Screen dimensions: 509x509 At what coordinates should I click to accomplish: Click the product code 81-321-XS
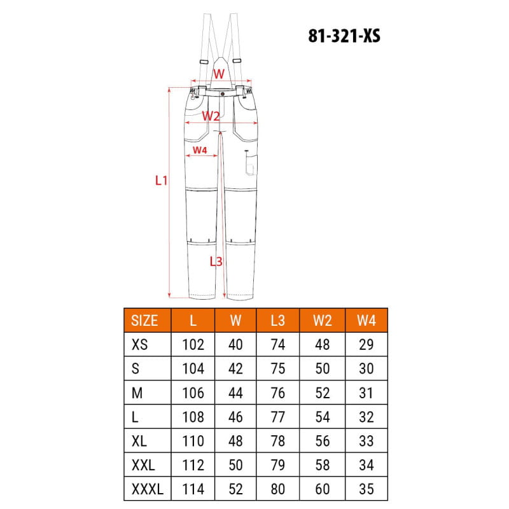[344, 36]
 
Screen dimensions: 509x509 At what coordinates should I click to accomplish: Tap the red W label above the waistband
[219, 74]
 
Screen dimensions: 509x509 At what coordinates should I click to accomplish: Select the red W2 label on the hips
[211, 116]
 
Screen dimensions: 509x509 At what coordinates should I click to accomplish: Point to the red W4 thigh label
[200, 150]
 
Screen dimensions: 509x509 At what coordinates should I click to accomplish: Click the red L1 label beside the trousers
[161, 181]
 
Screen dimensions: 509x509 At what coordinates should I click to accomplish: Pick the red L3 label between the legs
[216, 261]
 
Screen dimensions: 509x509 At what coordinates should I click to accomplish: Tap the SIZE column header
[144, 321]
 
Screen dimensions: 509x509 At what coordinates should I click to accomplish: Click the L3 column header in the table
[278, 321]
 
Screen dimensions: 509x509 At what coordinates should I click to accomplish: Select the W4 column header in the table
[366, 321]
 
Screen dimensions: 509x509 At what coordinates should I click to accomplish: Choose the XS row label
[139, 344]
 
